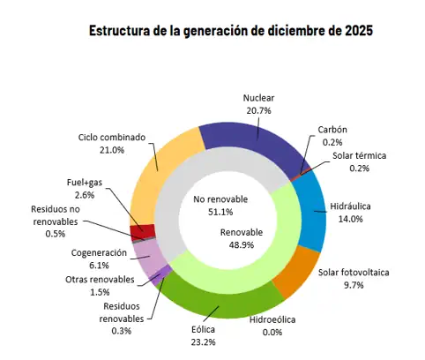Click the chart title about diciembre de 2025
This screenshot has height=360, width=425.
pyautogui.click(x=230, y=31)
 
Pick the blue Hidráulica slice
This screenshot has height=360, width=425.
pyautogui.click(x=306, y=206)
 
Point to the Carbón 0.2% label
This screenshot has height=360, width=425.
pyautogui.click(x=332, y=135)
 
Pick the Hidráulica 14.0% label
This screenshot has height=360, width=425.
pyautogui.click(x=348, y=212)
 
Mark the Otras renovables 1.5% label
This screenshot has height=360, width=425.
pyautogui.click(x=100, y=285)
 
